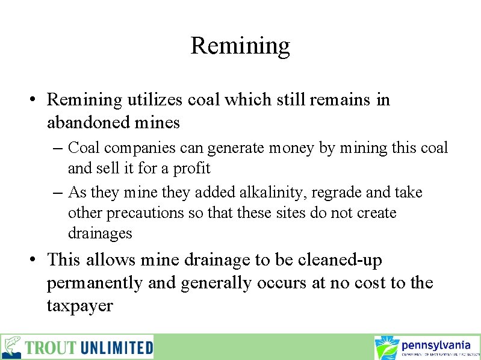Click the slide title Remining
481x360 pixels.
click(240, 46)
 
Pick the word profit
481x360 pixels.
click(191, 168)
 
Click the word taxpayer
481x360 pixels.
click(79, 306)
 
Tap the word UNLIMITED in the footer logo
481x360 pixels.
click(116, 348)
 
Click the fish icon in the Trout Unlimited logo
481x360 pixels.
click(12, 347)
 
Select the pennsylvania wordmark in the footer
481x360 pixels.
click(436, 345)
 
